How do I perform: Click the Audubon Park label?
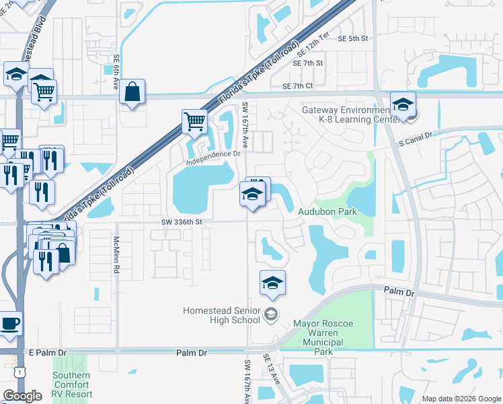(x=327, y=211)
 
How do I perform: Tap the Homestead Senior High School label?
(x=222, y=315)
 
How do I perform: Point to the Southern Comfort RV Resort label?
(x=72, y=384)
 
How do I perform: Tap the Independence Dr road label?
(x=214, y=154)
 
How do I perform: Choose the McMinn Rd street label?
(x=116, y=259)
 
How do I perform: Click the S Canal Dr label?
(x=414, y=142)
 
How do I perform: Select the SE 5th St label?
(x=354, y=38)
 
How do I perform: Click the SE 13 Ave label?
(x=272, y=369)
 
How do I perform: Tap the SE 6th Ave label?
(x=116, y=76)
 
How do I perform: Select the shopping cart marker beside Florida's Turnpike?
(x=194, y=122)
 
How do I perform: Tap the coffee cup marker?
(x=9, y=323)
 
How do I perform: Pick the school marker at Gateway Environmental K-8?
(x=403, y=104)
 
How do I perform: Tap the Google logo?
(x=22, y=396)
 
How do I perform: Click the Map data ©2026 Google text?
(x=461, y=399)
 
